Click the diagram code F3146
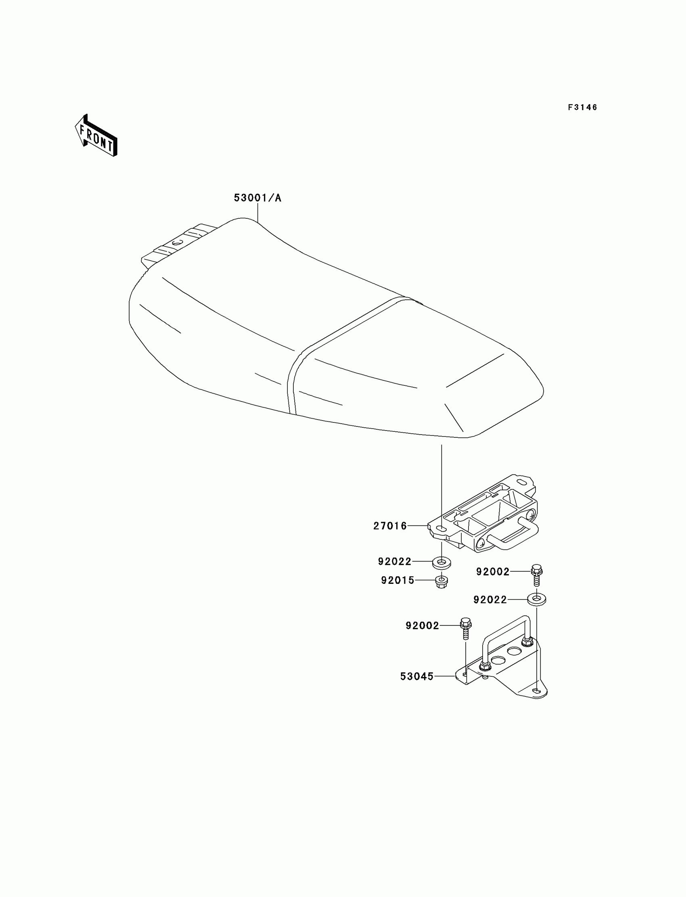tap(582, 107)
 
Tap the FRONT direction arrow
tap(96, 136)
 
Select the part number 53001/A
tap(258, 198)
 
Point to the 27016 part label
tap(390, 526)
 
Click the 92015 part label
tap(398, 581)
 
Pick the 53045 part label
tap(416, 677)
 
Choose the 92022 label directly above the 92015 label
tap(395, 562)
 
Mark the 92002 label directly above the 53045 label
tap(422, 626)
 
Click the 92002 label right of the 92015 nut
tap(492, 572)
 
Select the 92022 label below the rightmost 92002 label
tap(490, 600)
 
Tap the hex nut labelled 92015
tap(441, 581)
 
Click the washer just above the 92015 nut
tap(441, 563)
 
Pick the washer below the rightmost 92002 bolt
tap(537, 600)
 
